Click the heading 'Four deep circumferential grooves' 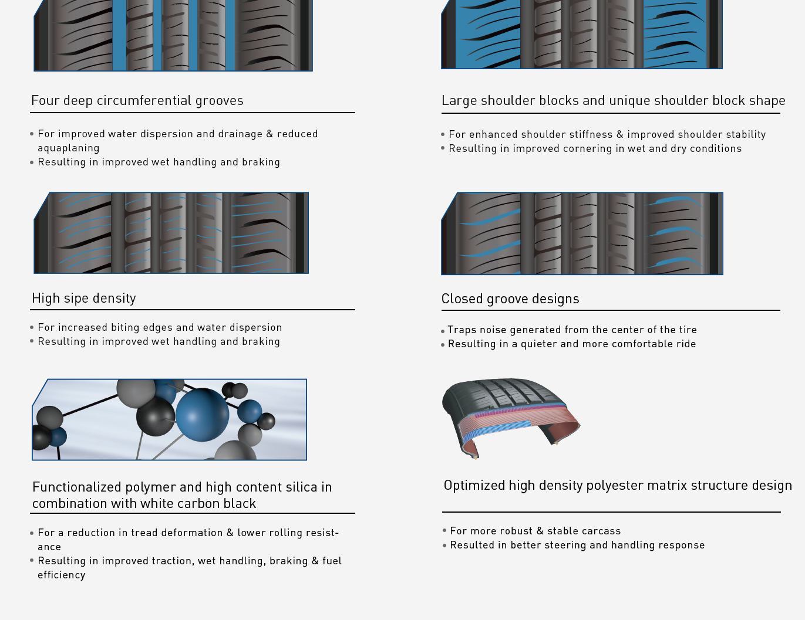pyautogui.click(x=137, y=101)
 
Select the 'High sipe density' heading pyautogui.click(x=84, y=298)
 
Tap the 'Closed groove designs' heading pyautogui.click(x=510, y=299)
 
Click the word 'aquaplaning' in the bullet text pyautogui.click(x=69, y=148)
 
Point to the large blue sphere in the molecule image pyautogui.click(x=202, y=415)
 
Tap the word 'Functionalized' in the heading pyautogui.click(x=77, y=487)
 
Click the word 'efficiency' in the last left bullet pyautogui.click(x=62, y=575)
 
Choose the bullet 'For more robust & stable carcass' pyautogui.click(x=535, y=531)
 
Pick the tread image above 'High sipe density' pyautogui.click(x=171, y=233)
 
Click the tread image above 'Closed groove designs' pyautogui.click(x=582, y=233)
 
